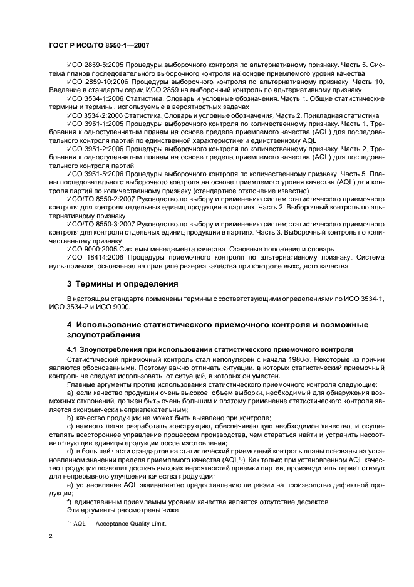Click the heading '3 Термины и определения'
coord(123,283)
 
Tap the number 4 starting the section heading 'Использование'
coord(70,325)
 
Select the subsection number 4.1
coord(73,349)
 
